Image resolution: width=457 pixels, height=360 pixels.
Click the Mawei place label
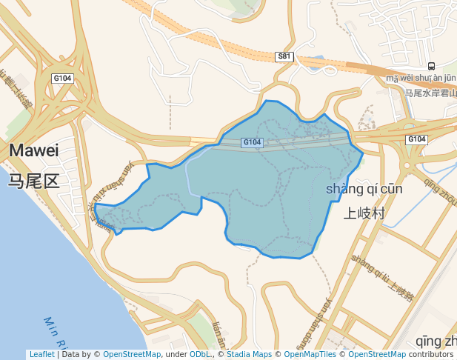tap(33, 150)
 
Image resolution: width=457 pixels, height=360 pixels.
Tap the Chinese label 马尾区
tap(33, 181)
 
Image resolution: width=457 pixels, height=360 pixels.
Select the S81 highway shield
tap(284, 56)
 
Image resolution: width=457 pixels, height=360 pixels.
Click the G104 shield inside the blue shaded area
tap(252, 142)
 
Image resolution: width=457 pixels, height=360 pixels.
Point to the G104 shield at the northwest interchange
tap(62, 78)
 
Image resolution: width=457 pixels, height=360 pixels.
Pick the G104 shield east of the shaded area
tap(416, 139)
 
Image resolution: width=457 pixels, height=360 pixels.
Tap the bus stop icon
tap(431, 66)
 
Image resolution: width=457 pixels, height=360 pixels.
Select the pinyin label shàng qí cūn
tap(364, 189)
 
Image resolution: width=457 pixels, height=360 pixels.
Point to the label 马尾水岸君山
tap(428, 93)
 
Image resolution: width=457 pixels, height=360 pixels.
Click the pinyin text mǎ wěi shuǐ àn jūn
tap(421, 78)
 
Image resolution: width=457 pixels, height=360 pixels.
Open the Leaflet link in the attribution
tap(41, 354)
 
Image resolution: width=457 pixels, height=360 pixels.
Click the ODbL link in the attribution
tap(199, 354)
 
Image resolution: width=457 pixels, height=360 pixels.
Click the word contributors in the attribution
tap(431, 354)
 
